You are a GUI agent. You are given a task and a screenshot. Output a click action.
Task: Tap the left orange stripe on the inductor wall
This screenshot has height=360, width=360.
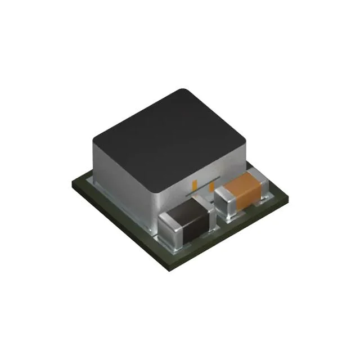click(x=195, y=184)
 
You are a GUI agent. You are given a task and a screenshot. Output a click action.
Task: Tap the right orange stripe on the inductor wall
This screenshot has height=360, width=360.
click(x=211, y=186)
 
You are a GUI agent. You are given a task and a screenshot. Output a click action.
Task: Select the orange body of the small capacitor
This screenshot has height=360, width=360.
click(x=247, y=188)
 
